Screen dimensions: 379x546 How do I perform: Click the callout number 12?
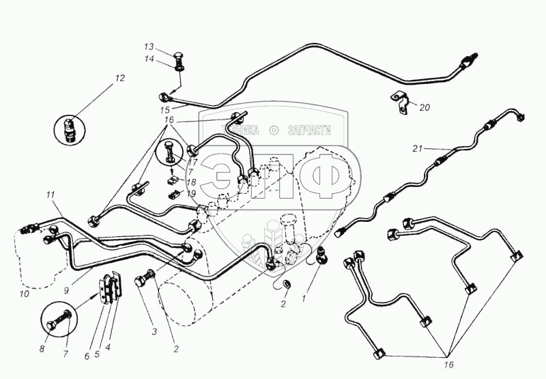(x=120, y=79)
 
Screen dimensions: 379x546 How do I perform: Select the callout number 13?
(x=149, y=46)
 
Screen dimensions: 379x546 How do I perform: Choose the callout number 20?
(x=425, y=107)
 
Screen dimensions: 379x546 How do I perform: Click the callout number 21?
(x=418, y=148)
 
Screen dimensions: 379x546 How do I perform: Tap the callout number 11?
(x=50, y=195)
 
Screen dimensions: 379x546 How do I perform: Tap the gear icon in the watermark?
(x=273, y=129)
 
